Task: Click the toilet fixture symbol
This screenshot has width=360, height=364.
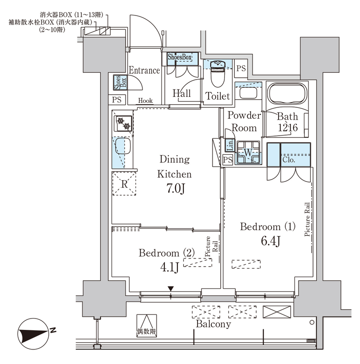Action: tap(218, 73)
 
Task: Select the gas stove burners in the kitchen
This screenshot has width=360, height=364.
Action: tap(122, 123)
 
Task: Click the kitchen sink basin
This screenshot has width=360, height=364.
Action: tap(123, 146)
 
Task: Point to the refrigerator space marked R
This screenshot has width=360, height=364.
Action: tap(124, 183)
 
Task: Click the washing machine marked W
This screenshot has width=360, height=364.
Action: tap(248, 152)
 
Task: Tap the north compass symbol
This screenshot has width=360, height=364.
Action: tap(33, 334)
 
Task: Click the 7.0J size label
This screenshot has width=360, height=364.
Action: tap(176, 188)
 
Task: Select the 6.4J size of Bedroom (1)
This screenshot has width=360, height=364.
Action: tap(271, 241)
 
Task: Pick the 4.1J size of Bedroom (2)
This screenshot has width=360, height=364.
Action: tap(170, 267)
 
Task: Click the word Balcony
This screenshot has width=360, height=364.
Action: tap(213, 324)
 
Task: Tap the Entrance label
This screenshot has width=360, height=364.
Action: tap(144, 70)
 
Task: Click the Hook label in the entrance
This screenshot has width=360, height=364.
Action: tap(145, 101)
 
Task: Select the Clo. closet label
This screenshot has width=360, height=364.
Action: tap(289, 160)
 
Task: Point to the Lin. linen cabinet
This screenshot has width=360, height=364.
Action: tap(230, 145)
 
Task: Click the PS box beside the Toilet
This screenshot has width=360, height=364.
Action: tap(241, 68)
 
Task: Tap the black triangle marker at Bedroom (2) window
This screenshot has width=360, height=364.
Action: tap(171, 289)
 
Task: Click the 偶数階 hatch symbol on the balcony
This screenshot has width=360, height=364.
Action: tap(147, 325)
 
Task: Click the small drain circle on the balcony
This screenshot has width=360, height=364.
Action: tap(312, 322)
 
